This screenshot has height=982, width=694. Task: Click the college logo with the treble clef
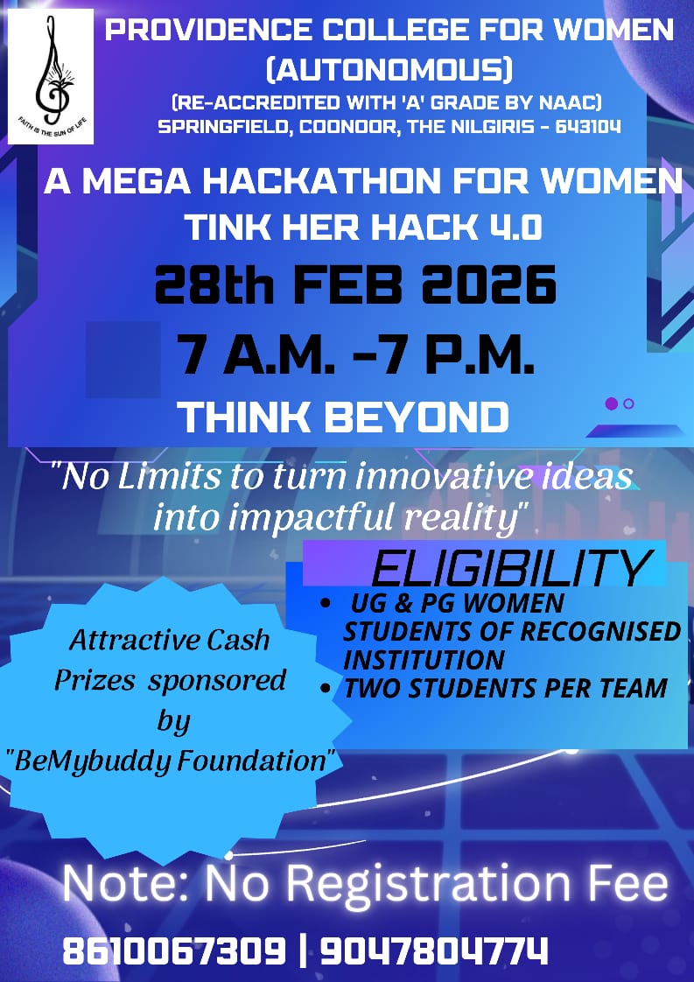(x=51, y=76)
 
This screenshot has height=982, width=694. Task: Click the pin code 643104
(x=588, y=127)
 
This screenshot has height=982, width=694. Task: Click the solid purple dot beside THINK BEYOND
(x=612, y=404)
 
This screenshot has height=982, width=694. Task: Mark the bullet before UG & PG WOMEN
(x=325, y=605)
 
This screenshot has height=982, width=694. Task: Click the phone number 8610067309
(x=174, y=950)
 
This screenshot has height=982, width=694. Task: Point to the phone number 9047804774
(x=434, y=950)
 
